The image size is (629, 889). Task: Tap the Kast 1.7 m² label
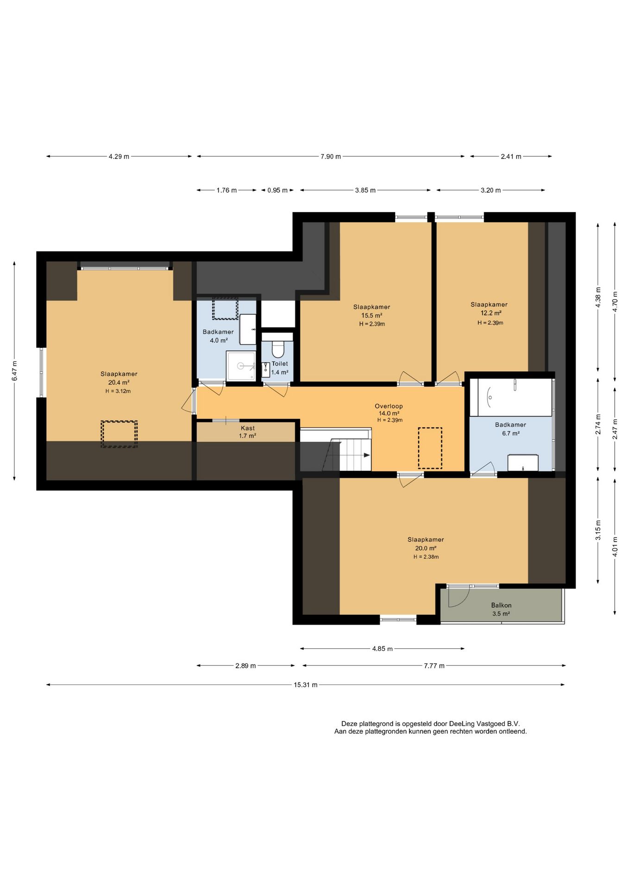click(x=248, y=432)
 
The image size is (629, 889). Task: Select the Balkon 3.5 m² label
click(x=501, y=609)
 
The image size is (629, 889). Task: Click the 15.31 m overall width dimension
click(x=306, y=685)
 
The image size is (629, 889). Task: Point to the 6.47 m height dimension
click(x=14, y=371)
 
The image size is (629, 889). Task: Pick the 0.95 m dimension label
click(x=277, y=190)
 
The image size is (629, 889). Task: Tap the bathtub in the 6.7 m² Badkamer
click(x=511, y=397)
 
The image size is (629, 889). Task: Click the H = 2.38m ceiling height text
click(x=426, y=557)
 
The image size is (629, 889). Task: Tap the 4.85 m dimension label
click(x=383, y=649)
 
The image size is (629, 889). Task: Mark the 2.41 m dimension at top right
click(x=511, y=157)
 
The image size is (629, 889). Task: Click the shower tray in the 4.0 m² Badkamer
click(x=241, y=366)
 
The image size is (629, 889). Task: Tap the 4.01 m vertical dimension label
click(x=615, y=546)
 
